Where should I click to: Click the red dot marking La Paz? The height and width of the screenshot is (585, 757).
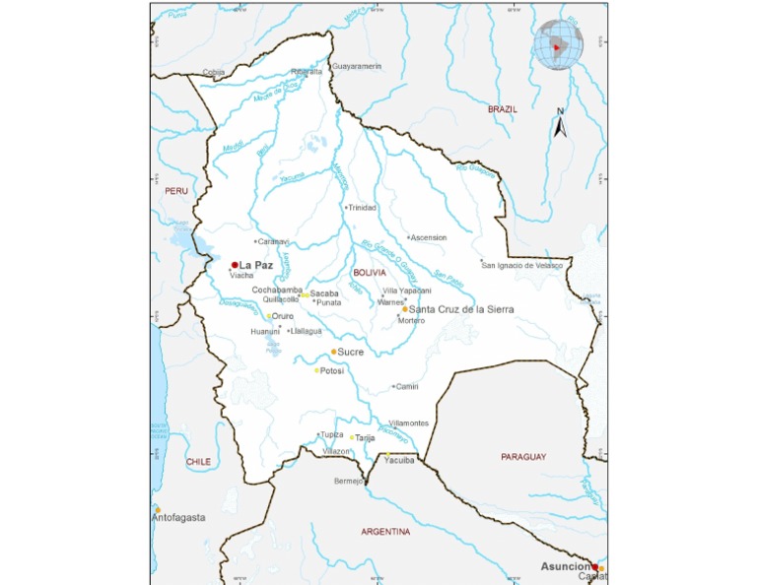234,265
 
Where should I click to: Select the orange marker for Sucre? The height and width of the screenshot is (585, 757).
334,352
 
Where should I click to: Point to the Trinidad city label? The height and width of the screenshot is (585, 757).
363,208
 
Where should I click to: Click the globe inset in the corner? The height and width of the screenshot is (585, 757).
558,46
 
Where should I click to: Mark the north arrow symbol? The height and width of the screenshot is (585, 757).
559,124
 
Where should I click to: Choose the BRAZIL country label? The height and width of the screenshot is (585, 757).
502,109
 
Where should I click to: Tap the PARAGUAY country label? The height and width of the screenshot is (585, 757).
522,457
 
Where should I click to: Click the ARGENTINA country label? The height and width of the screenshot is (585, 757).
385,532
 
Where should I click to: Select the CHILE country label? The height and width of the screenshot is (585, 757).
198,461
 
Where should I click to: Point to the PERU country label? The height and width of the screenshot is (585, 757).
176,190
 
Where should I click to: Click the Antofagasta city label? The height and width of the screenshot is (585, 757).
178,517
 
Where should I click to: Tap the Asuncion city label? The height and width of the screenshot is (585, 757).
566,566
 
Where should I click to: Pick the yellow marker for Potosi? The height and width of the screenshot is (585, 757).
317,370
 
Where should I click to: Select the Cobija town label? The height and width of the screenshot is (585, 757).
213,72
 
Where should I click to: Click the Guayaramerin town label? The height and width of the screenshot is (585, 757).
358,66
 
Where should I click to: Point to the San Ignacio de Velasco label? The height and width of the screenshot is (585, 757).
521,265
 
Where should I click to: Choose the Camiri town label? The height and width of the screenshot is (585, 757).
408,387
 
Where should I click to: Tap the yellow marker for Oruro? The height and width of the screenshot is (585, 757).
269,316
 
